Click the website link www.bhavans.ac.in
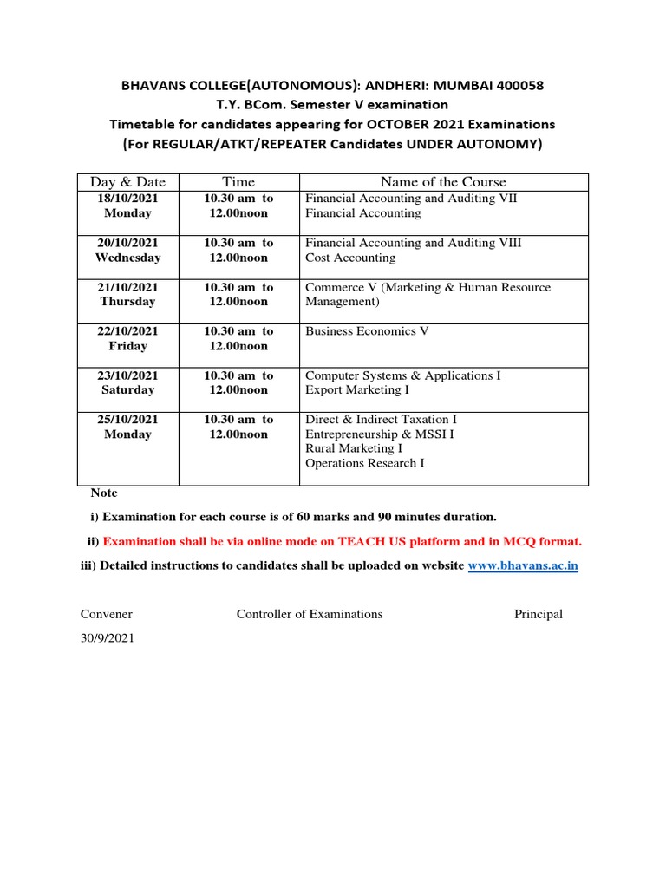523,566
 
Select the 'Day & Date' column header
127,182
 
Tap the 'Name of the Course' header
443,182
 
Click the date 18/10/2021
127,199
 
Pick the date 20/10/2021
127,243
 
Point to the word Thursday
127,302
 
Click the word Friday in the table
127,346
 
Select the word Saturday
127,390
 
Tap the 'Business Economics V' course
367,331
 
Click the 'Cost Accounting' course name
349,258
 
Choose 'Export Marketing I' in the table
357,390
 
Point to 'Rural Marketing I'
354,448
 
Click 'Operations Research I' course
365,463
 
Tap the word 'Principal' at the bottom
539,614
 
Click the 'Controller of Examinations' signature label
310,614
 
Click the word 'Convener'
107,614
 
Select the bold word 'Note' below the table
104,493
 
